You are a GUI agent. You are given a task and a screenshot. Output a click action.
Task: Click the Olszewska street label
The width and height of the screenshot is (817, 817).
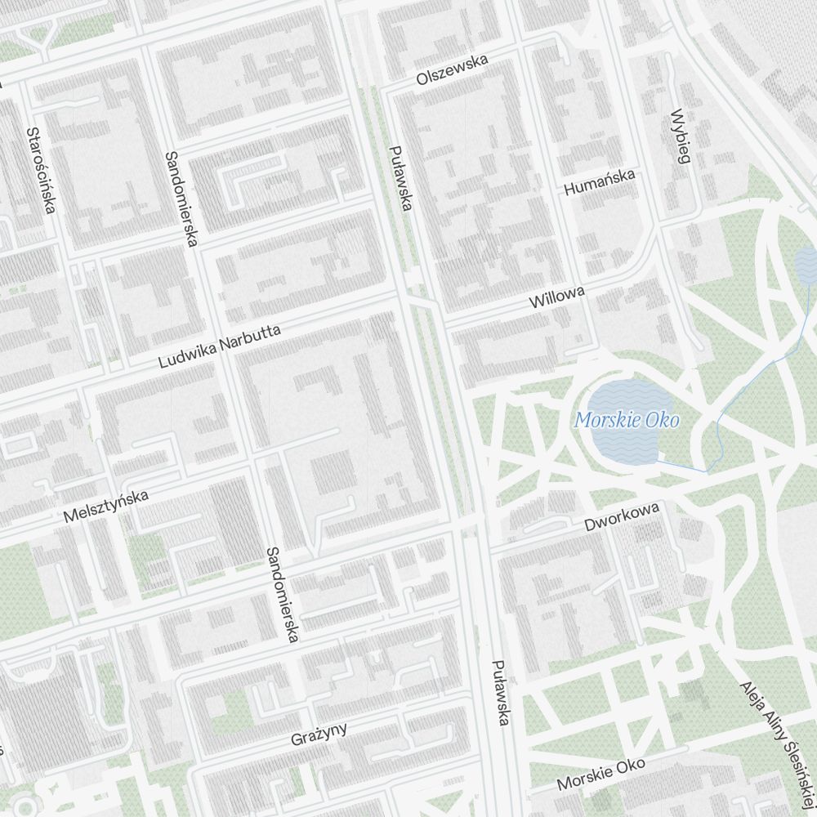[451, 70]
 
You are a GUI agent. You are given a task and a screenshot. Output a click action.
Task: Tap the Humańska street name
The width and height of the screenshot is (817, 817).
[599, 182]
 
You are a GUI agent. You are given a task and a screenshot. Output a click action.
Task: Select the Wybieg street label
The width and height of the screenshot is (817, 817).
[679, 136]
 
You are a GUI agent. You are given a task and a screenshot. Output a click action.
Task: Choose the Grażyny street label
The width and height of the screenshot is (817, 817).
[319, 733]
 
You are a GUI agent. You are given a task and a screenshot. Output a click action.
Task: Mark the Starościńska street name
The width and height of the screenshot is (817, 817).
[40, 170]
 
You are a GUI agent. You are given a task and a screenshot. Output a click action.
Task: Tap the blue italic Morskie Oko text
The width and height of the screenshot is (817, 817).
[627, 421]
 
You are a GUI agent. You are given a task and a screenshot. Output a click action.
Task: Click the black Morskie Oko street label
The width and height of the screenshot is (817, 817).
[600, 773]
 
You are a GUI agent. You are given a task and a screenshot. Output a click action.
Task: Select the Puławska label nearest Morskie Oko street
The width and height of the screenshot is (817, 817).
[501, 692]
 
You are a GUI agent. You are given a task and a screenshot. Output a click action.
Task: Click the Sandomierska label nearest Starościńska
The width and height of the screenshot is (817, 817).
[181, 199]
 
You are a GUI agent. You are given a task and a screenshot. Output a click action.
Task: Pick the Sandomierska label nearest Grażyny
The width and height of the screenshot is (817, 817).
[283, 594]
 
